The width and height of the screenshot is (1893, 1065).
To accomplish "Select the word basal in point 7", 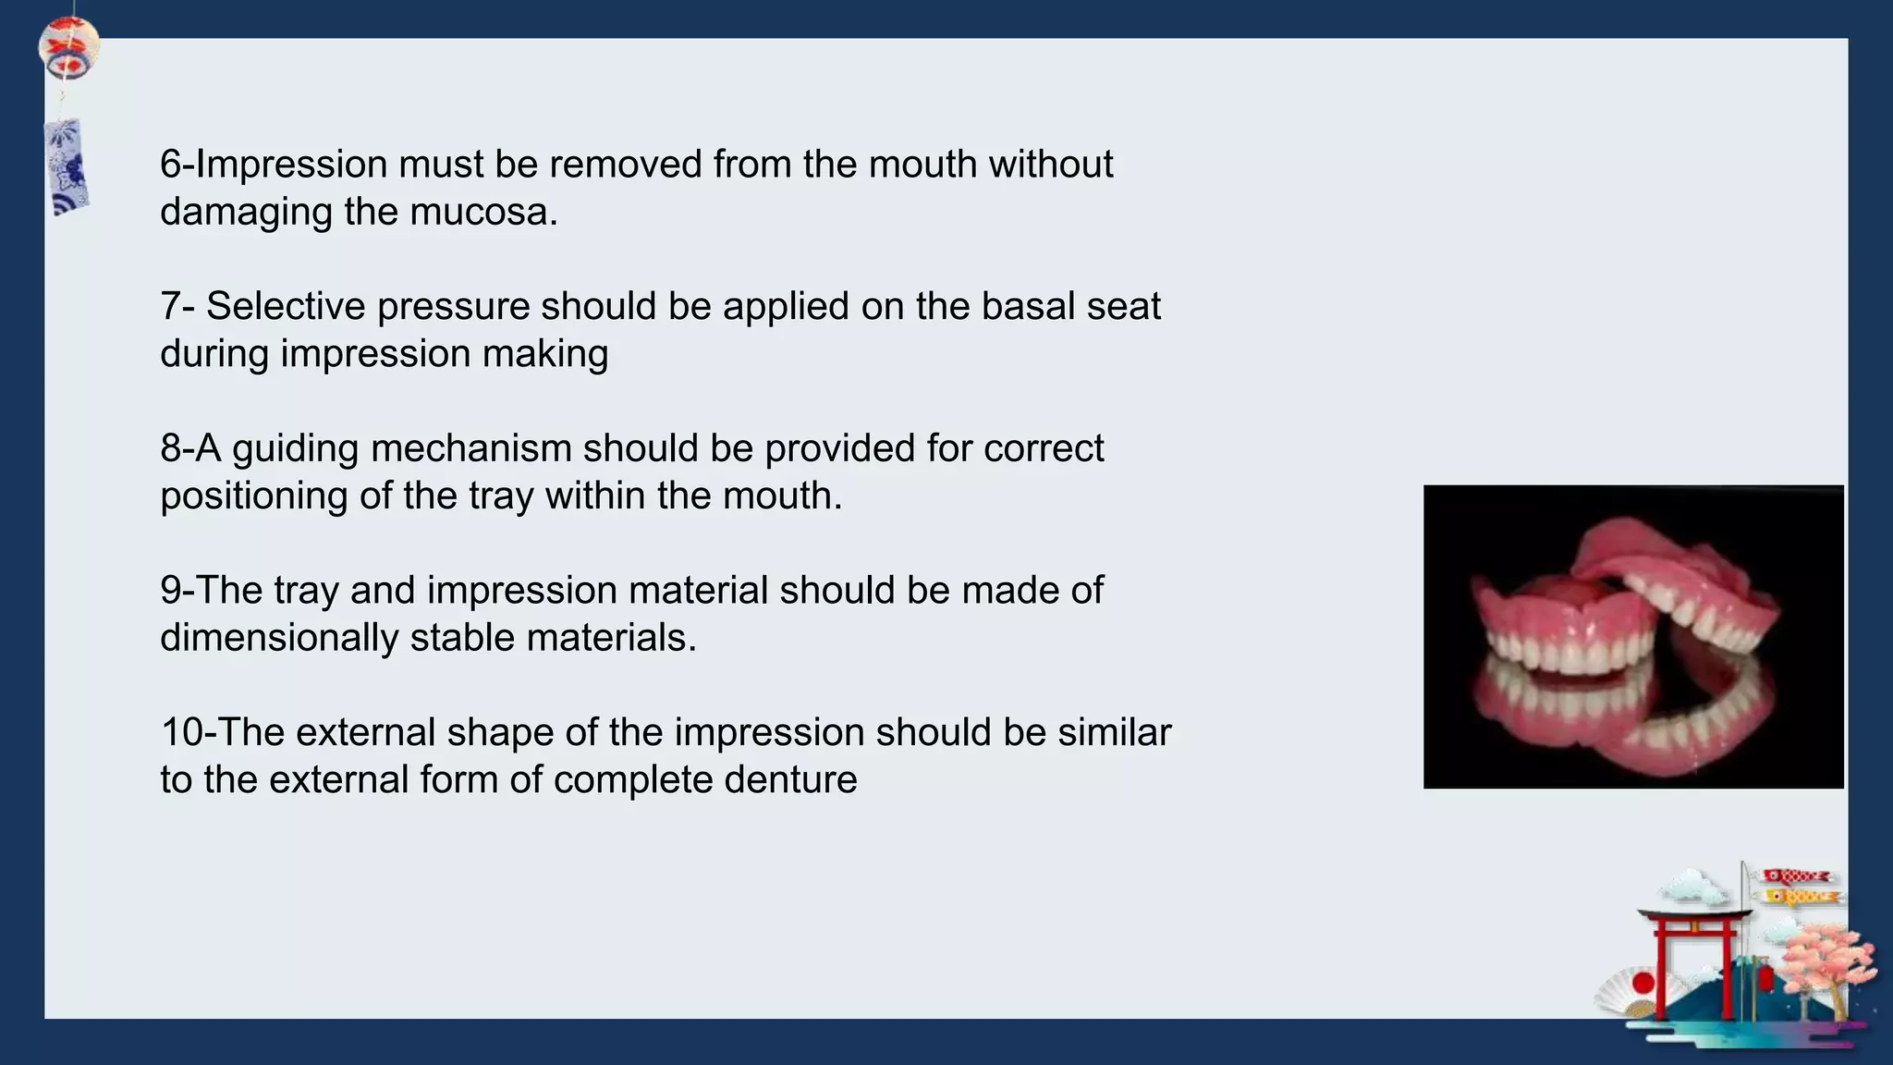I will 1028,307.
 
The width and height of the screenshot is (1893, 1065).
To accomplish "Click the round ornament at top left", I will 68,48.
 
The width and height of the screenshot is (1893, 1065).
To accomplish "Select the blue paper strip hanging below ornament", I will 67,166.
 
